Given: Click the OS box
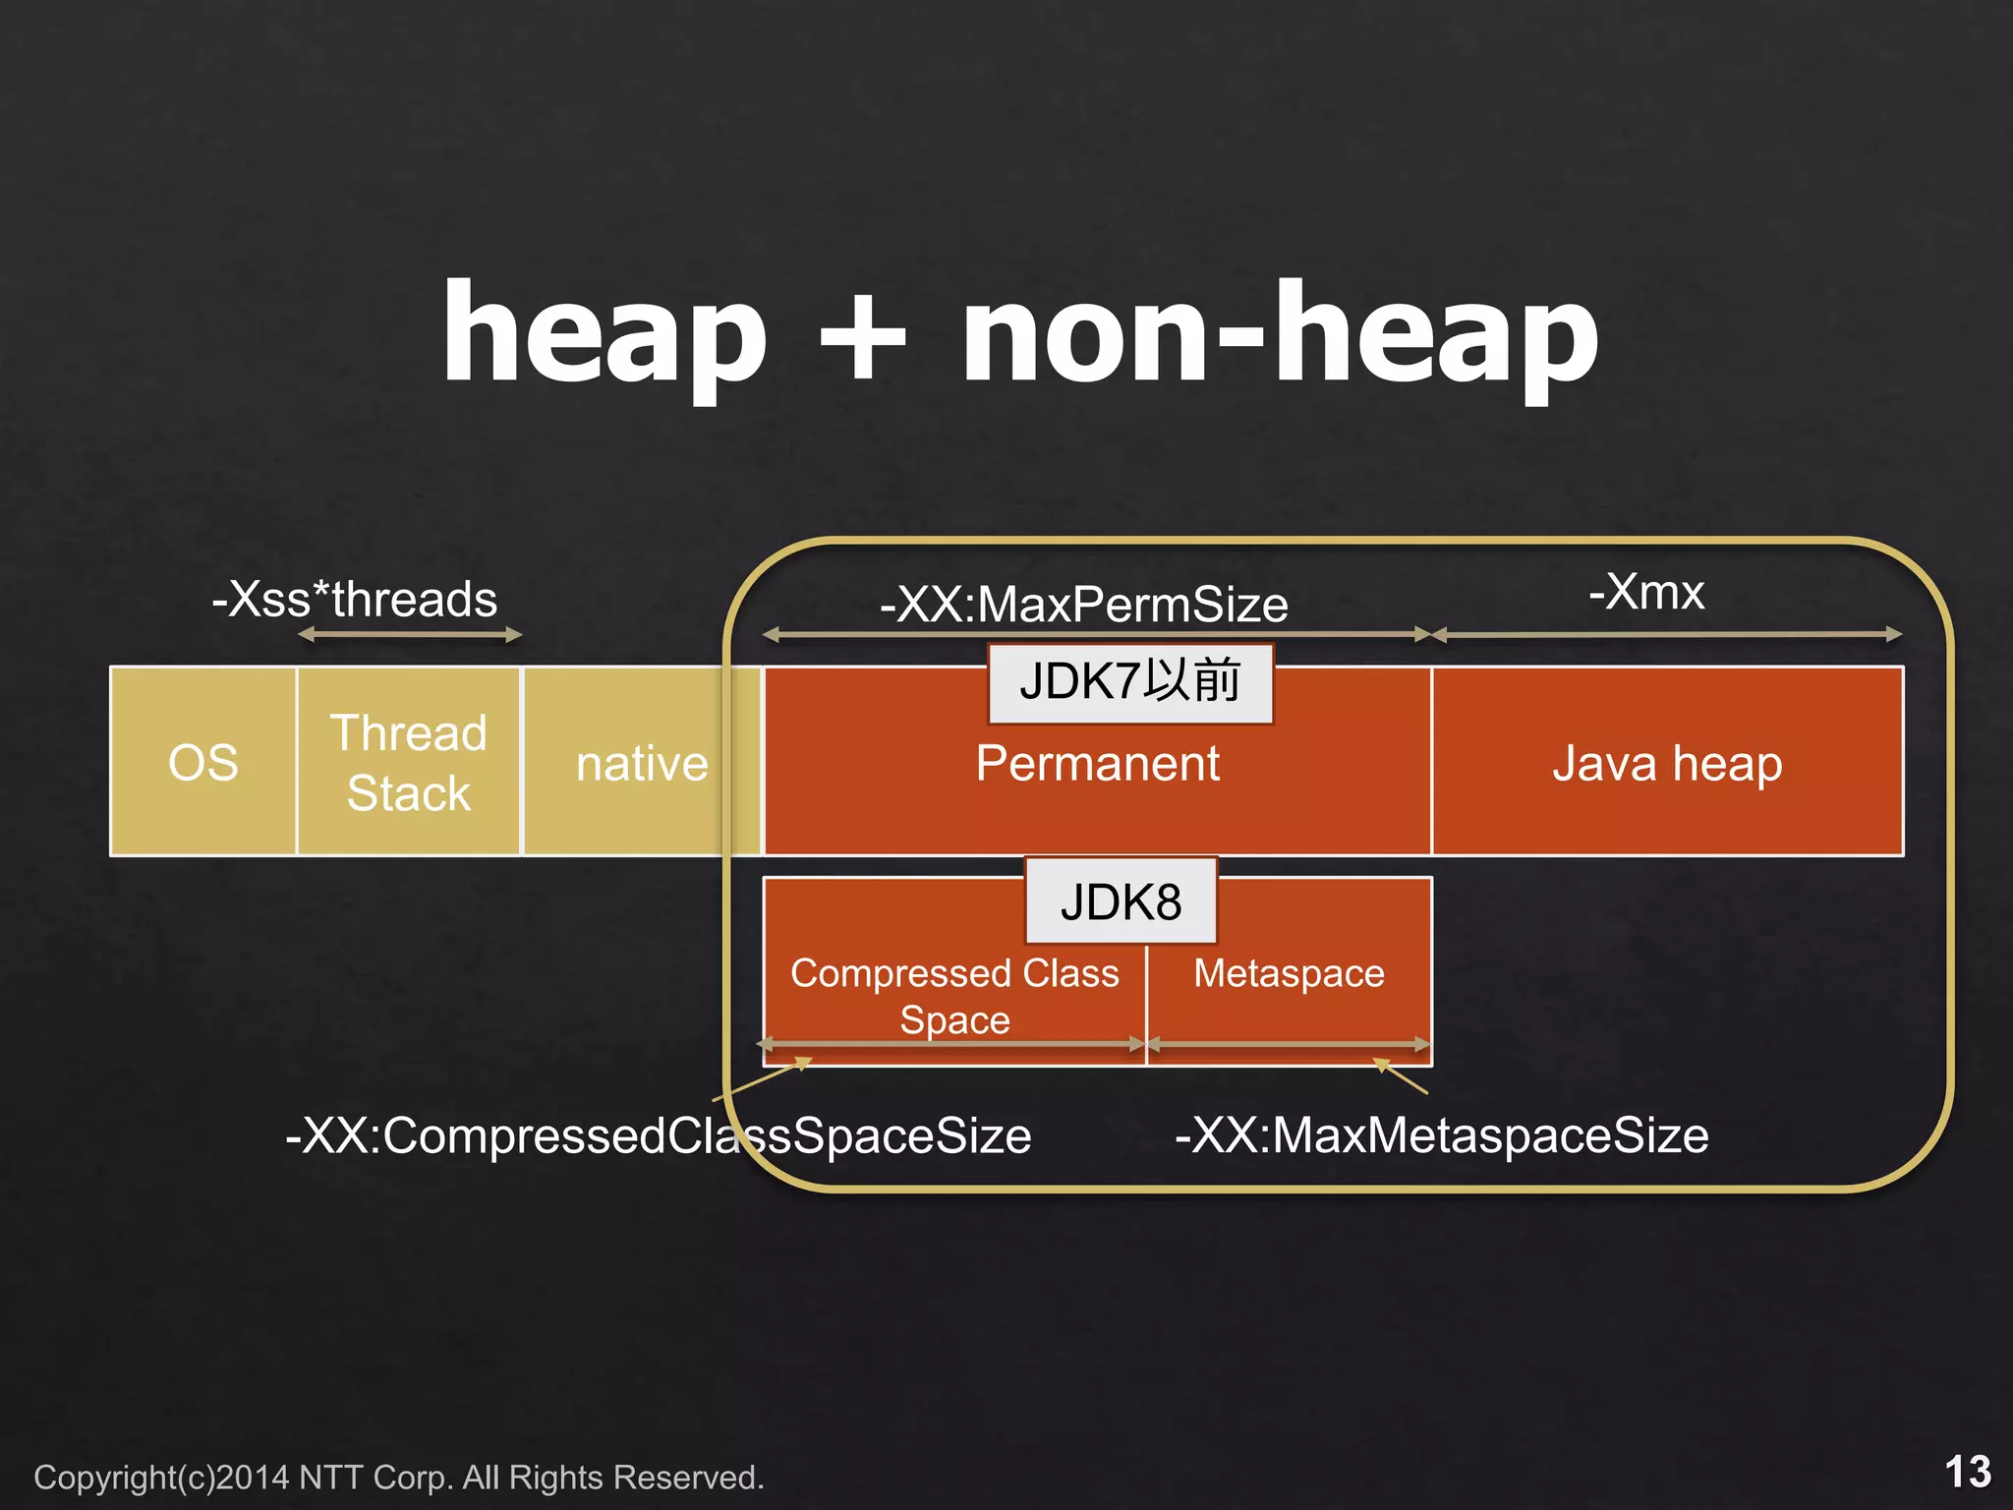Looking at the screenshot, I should [202, 762].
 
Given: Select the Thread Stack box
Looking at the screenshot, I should [409, 762].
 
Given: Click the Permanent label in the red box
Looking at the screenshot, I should [1097, 764].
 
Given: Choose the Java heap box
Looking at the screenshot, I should [1667, 764].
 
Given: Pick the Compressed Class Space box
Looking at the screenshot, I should [954, 995].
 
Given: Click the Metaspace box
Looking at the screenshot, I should [1289, 973].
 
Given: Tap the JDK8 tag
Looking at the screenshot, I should [1121, 901].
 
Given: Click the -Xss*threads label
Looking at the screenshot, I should [355, 599].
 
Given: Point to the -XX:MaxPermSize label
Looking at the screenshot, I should [1084, 604].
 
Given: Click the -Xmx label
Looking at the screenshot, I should [1646, 592].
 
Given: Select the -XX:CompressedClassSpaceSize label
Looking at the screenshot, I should [659, 1135].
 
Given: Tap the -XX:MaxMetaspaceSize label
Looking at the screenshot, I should [1442, 1135].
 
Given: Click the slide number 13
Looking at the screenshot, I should [1968, 1472].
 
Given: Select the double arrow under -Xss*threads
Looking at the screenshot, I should [410, 635].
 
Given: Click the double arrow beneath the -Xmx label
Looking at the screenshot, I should [1667, 635].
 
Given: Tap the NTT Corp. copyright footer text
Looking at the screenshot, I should [399, 1478].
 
